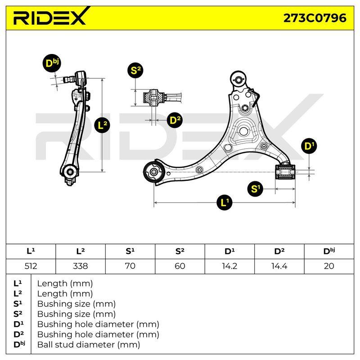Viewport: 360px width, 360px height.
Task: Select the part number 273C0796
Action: (315, 18)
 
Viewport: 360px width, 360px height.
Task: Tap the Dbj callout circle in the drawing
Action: (52, 63)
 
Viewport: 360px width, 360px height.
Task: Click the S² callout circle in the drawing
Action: (135, 70)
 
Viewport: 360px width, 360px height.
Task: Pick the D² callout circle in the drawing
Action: (175, 120)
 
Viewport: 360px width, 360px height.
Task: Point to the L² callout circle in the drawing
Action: (102, 126)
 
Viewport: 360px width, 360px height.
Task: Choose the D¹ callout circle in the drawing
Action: (309, 146)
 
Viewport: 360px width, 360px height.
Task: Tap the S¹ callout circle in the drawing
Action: (256, 189)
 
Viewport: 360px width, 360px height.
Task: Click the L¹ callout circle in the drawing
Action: (225, 202)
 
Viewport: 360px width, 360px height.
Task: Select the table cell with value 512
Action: (31, 266)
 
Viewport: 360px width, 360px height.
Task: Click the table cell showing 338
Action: (81, 266)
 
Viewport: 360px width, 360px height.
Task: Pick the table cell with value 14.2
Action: (229, 266)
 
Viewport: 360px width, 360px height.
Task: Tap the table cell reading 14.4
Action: (279, 266)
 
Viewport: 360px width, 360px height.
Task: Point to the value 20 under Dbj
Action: (329, 266)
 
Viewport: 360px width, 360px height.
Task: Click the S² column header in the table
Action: (180, 252)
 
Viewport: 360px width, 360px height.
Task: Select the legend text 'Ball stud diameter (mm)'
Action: (89, 345)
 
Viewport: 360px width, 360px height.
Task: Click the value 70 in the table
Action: (130, 266)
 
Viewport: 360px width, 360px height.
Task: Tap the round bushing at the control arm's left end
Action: (153, 172)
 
